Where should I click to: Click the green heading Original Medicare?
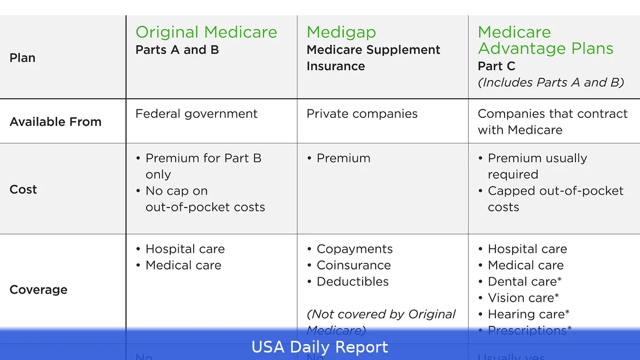[206, 32]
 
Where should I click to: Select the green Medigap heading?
[341, 32]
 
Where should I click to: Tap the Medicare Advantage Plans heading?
[545, 41]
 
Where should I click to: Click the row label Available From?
[55, 122]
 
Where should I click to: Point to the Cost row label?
[23, 189]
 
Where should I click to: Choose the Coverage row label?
[38, 290]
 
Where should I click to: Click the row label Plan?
[22, 58]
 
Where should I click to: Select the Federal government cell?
[196, 114]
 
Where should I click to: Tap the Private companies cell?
[362, 114]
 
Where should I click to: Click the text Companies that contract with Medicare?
[553, 122]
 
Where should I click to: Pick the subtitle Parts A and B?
[177, 50]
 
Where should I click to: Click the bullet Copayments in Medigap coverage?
[354, 249]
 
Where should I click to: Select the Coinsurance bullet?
[353, 265]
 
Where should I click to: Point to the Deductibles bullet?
[352, 282]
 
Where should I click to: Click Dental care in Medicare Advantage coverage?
[522, 282]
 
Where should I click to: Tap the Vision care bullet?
[521, 298]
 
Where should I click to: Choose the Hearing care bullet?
[526, 314]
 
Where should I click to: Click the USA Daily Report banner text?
[320, 347]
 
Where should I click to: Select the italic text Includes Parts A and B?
[551, 83]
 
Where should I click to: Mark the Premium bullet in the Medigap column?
[343, 158]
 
